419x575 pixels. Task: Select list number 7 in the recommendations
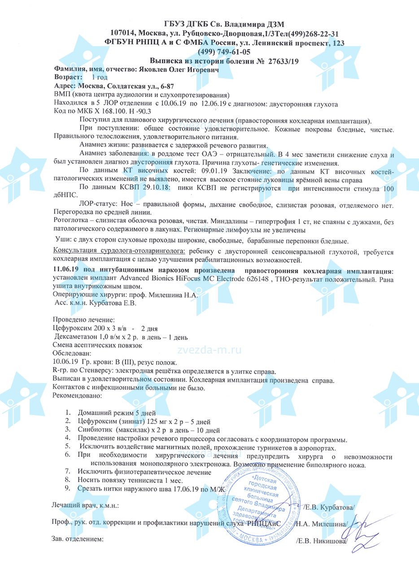[x=68, y=472]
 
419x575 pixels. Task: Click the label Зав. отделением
[x=78, y=538]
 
